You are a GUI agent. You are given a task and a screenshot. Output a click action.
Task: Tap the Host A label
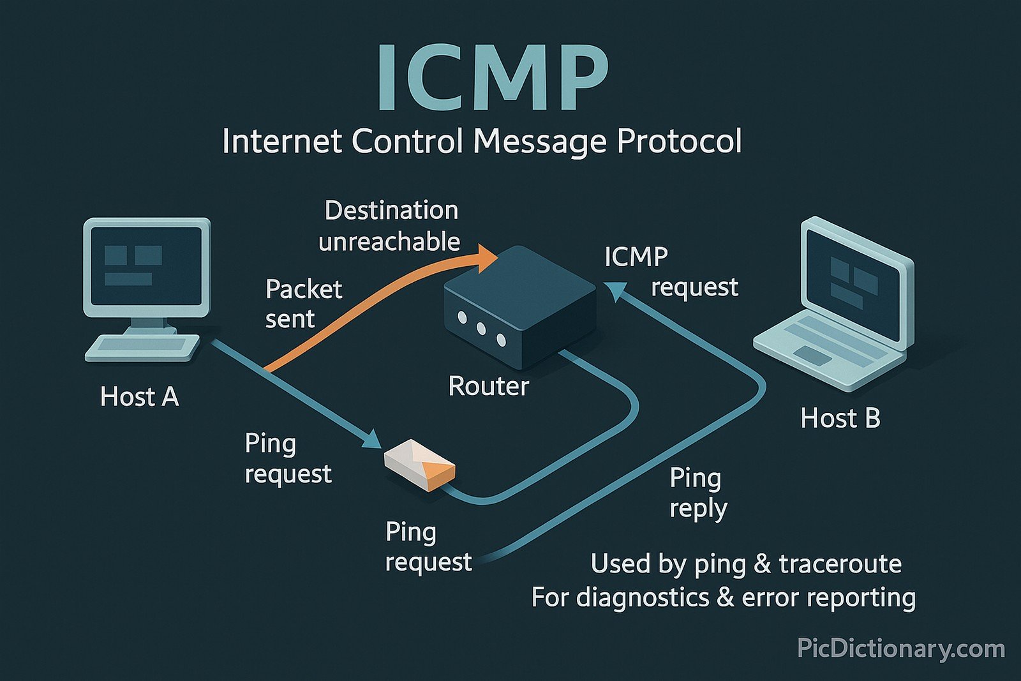point(139,397)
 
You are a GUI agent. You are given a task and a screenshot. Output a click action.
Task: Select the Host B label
point(840,419)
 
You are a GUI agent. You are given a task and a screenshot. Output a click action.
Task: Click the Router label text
point(488,386)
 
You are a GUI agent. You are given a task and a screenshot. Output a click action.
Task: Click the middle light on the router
point(481,329)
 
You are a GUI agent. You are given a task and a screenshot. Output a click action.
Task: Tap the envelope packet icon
point(419,465)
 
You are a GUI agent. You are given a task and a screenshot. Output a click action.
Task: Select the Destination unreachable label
point(389,226)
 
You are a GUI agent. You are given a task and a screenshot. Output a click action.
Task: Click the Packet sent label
point(303,304)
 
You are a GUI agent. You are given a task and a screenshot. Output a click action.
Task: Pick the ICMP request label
point(670,272)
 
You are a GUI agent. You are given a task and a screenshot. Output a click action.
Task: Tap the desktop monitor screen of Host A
point(147,266)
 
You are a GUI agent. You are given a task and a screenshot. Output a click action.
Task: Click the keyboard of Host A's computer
point(142,348)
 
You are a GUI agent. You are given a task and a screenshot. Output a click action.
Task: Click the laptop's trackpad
point(812,355)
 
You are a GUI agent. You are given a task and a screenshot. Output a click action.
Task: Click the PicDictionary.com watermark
point(900,649)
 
